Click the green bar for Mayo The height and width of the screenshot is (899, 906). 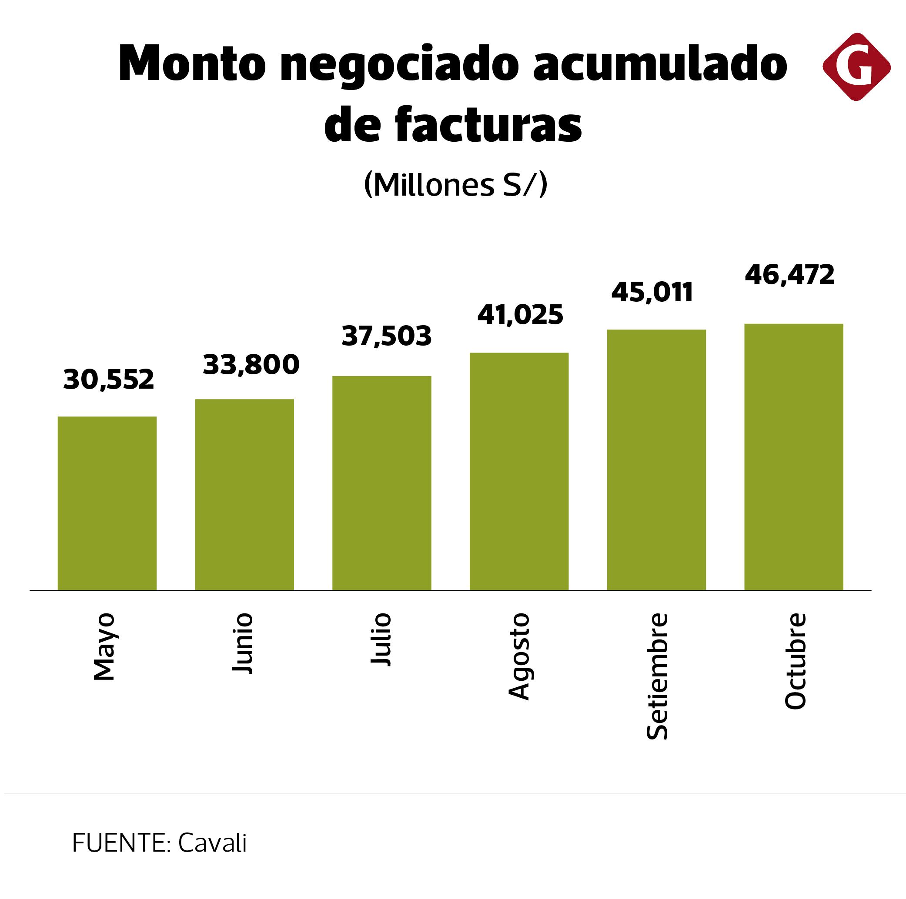(x=107, y=503)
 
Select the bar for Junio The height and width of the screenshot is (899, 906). (x=244, y=495)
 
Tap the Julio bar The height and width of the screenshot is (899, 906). (x=382, y=483)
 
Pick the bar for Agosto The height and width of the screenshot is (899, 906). (x=519, y=471)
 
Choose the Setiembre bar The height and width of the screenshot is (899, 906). (x=656, y=459)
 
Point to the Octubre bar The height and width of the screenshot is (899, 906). (x=794, y=456)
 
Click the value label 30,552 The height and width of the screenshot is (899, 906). (x=108, y=380)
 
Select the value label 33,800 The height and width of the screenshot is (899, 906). (x=251, y=365)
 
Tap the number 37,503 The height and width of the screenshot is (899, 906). (x=386, y=336)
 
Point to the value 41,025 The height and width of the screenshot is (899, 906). (x=520, y=314)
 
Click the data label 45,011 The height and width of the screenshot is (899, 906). (x=652, y=293)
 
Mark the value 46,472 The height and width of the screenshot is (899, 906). (x=790, y=275)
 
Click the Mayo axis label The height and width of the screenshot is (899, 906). (x=104, y=647)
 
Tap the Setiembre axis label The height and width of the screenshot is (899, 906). (x=657, y=677)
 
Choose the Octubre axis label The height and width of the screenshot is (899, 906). (x=796, y=661)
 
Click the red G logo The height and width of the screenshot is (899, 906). (x=856, y=67)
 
